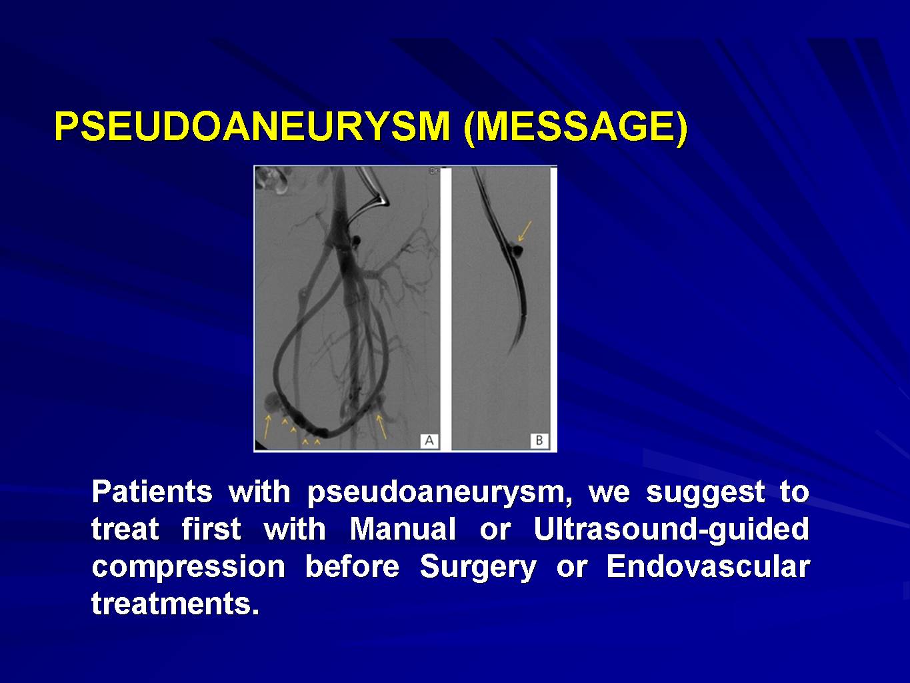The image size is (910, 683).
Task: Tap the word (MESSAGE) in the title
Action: point(576,127)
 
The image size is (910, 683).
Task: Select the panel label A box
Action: point(429,440)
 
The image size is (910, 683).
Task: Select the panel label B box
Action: point(539,440)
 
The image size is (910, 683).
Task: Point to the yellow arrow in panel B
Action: point(525,231)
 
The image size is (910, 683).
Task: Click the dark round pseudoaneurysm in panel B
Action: point(517,249)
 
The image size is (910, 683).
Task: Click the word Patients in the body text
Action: point(152,492)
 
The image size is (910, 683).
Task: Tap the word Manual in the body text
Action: point(403,529)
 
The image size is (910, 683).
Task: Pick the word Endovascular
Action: point(708,566)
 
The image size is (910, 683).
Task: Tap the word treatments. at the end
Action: point(175,604)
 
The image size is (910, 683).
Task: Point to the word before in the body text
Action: point(352,566)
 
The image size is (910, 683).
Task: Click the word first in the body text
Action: point(211,529)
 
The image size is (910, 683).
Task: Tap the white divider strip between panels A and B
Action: point(446,309)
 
